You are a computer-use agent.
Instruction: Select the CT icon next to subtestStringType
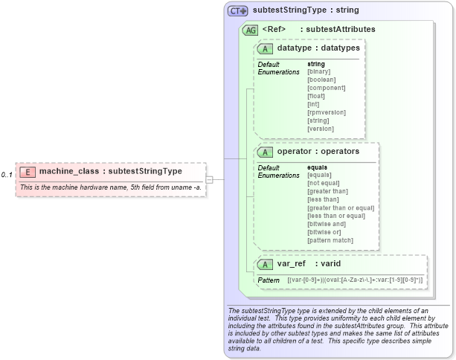(238, 11)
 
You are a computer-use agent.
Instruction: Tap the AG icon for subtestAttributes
(251, 30)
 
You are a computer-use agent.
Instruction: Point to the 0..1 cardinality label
(7, 175)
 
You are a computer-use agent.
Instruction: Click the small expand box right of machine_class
(210, 179)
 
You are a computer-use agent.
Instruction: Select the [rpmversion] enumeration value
(325, 112)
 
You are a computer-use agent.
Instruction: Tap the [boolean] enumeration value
(321, 80)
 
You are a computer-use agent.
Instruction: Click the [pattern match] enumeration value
(330, 240)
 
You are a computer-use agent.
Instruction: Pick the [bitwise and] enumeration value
(327, 224)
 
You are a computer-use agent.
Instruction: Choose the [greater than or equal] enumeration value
(341, 208)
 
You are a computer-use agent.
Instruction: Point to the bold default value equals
(319, 167)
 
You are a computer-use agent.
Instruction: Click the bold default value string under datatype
(316, 64)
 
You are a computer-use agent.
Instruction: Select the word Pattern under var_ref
(269, 280)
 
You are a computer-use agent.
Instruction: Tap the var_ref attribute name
(292, 263)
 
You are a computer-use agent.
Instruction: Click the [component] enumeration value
(326, 88)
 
